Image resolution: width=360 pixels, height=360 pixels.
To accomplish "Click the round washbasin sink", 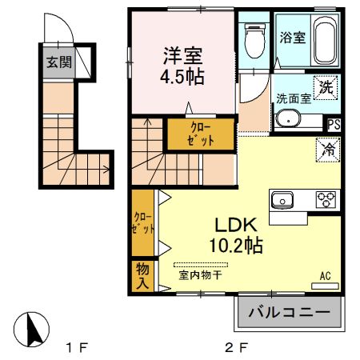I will [287, 120].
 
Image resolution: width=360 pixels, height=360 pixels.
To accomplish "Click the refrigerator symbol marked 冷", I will [326, 147].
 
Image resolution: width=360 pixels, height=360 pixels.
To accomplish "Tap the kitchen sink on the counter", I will [284, 200].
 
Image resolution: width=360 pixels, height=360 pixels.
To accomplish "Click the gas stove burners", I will [325, 200].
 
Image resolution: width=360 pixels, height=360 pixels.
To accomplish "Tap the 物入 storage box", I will [142, 276].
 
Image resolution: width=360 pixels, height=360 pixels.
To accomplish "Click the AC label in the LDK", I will [326, 276].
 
